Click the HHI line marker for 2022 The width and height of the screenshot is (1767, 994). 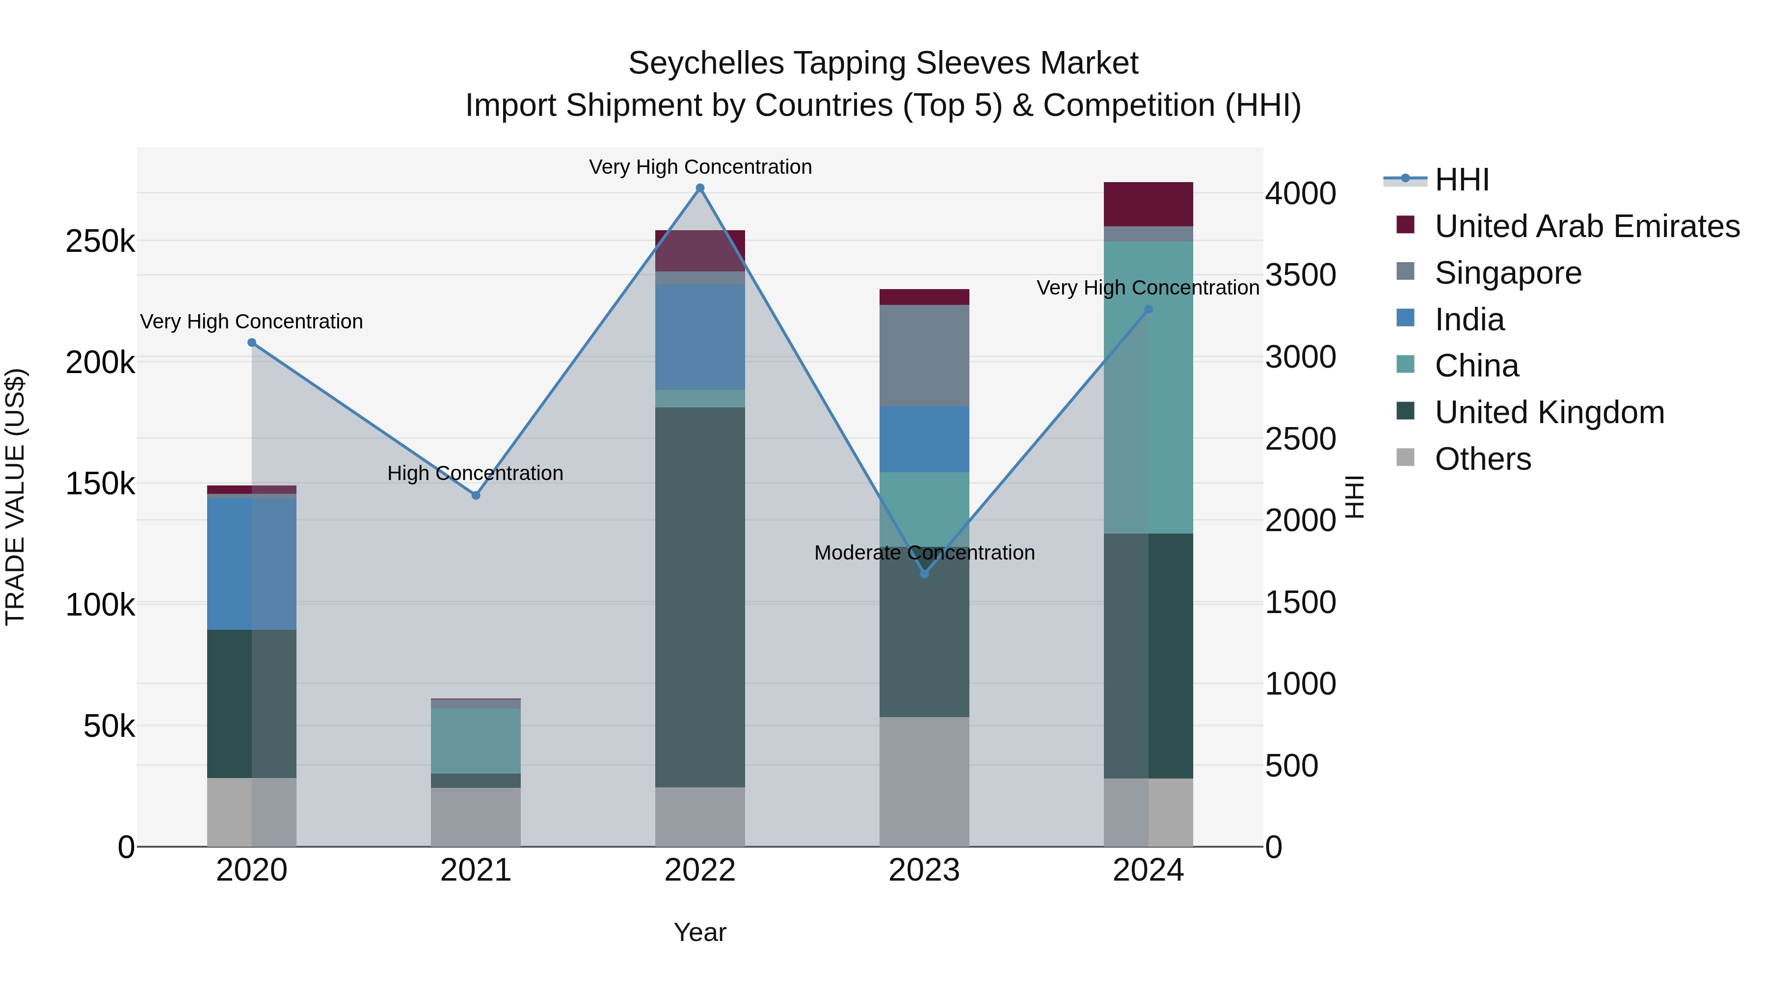[699, 188]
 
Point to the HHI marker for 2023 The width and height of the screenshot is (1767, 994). [924, 573]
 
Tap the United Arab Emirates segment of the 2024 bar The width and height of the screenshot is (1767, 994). [1148, 204]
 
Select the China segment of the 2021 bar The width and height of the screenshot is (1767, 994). [475, 741]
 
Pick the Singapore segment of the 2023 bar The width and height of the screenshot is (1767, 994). [924, 355]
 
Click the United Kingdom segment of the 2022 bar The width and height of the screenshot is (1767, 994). [699, 597]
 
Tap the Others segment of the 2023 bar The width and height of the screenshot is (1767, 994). [924, 782]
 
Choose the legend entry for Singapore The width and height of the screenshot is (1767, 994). [1508, 273]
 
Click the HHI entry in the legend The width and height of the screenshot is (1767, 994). [1461, 180]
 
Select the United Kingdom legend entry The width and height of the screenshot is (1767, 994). [1549, 412]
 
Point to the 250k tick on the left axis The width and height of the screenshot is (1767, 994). [100, 242]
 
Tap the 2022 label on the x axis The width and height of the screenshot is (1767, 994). [699, 870]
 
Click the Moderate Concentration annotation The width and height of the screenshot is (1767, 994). [924, 552]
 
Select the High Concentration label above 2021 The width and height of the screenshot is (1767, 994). [475, 473]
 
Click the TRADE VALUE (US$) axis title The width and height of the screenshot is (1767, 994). [15, 497]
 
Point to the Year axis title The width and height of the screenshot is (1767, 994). [699, 932]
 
